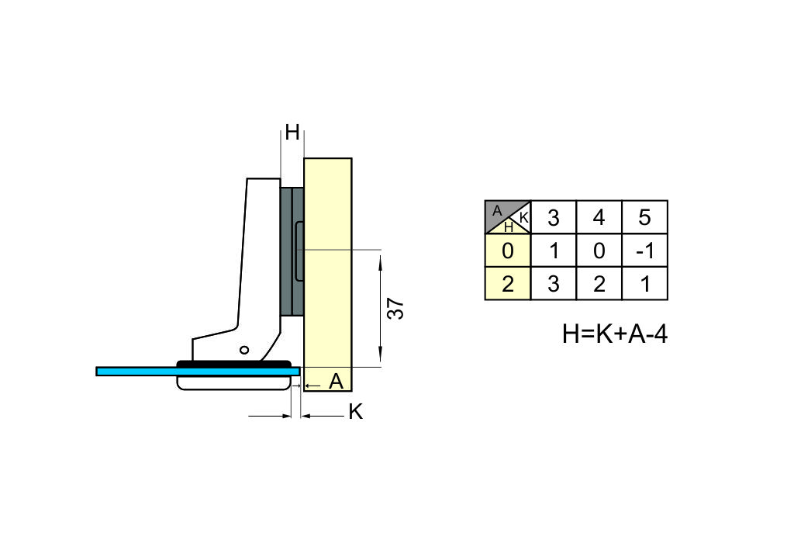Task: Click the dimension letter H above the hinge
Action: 292,132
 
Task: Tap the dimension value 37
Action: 395,309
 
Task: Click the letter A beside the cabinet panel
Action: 336,382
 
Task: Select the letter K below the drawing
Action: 355,412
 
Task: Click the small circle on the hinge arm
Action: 244,350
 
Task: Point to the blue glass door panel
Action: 198,372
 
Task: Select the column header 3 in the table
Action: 554,218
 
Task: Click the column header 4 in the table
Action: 599,218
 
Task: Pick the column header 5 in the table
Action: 644,218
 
